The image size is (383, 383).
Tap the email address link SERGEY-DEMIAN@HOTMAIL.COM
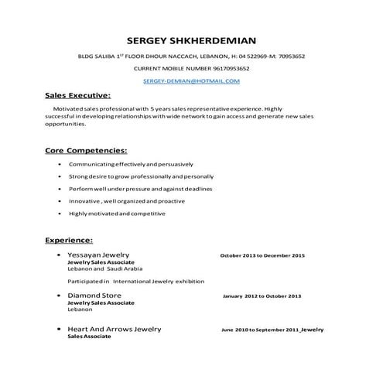pos(191,80)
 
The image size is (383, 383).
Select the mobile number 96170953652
pos(218,68)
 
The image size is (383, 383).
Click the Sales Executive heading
pos(77,96)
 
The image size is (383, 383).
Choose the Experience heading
pos(69,241)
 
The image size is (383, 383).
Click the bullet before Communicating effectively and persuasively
pos(60,166)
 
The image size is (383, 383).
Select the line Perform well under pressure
pos(129,189)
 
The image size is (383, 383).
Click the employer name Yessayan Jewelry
pos(98,255)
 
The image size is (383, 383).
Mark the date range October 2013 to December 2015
pos(262,255)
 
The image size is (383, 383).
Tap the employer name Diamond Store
pos(94,296)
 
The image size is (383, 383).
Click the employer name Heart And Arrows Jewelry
pos(114,330)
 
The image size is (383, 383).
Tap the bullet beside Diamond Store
pos(60,296)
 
